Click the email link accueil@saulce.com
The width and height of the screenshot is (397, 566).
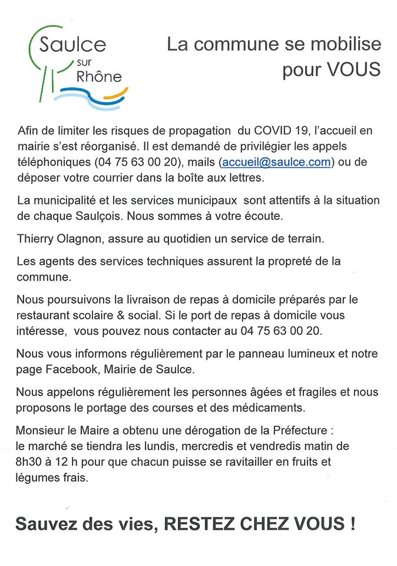coord(276,162)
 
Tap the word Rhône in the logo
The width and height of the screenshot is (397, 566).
coord(98,76)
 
